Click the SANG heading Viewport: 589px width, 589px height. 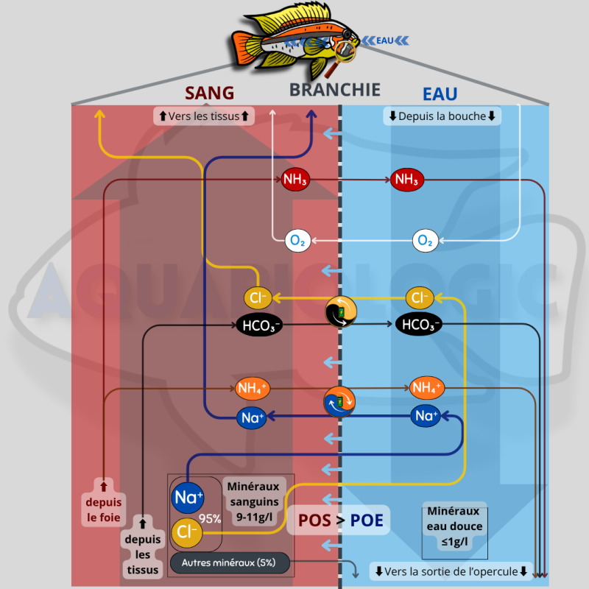209,93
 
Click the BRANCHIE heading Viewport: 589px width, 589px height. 334,90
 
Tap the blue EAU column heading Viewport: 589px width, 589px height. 440,94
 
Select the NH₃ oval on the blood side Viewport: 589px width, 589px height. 295,179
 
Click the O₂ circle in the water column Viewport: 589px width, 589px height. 425,240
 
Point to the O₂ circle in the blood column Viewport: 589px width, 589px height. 298,240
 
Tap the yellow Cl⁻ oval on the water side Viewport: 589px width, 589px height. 420,298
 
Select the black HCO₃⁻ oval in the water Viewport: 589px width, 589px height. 418,325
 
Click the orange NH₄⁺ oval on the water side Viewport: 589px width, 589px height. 427,387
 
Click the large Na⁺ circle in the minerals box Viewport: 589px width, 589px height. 187,498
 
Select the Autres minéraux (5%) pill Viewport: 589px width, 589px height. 229,564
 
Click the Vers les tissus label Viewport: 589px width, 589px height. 204,116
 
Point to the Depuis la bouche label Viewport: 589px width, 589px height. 442,116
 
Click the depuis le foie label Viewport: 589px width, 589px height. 103,501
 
